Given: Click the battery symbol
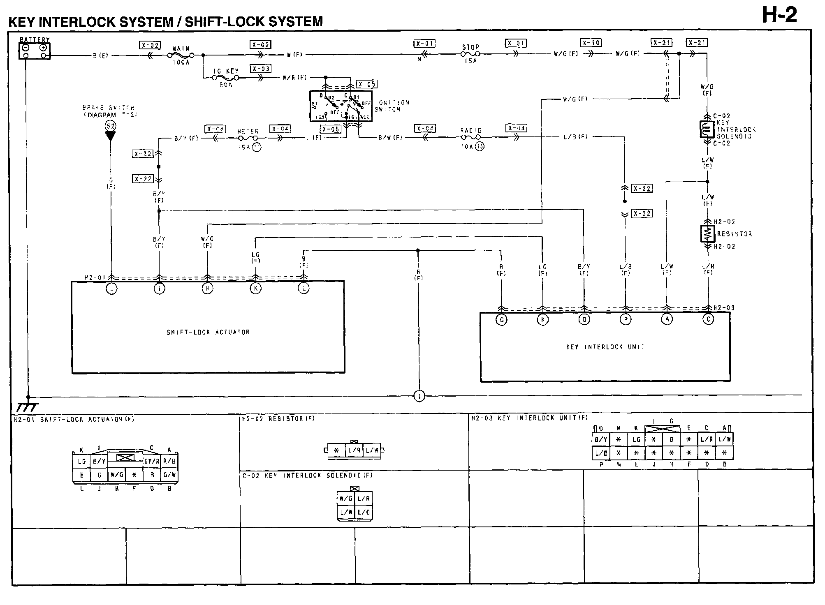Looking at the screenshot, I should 35,51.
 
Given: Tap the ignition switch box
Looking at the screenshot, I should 341,106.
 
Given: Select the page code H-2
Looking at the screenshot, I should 779,16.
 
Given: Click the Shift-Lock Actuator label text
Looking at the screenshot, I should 208,332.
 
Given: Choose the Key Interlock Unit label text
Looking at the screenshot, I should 605,347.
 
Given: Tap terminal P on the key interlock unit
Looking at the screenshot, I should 625,319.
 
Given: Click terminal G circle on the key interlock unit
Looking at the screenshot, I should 501,319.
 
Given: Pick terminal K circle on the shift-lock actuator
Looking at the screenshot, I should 255,289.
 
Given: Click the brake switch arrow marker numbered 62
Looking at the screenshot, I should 110,131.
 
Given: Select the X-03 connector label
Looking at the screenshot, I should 261,69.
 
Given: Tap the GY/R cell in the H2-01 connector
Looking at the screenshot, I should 151,462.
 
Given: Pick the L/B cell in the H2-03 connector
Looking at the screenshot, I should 601,453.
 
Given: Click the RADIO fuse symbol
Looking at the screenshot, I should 471,137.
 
